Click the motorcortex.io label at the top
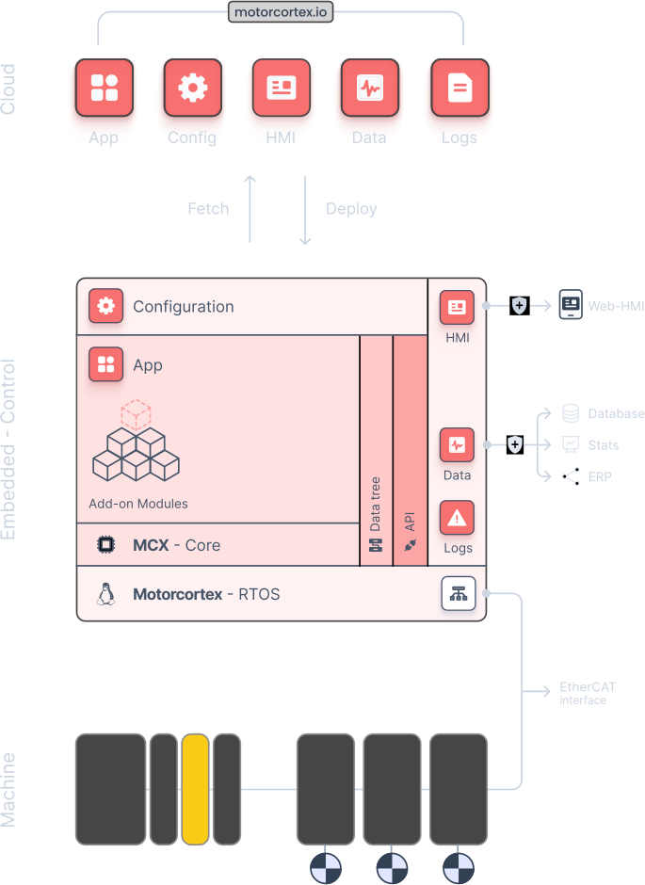[281, 13]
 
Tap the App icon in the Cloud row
[104, 88]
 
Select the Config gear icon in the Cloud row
[192, 88]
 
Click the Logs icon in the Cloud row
[459, 88]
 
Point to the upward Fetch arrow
[250, 209]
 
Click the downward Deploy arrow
[305, 209]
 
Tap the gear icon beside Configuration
[105, 306]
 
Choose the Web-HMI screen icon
[570, 304]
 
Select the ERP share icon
[571, 476]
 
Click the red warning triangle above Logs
[457, 518]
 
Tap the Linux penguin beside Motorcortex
[105, 594]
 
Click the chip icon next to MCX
[105, 544]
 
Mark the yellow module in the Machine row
[195, 789]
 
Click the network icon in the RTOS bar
[459, 593]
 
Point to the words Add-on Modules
[138, 504]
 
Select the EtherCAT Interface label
[587, 693]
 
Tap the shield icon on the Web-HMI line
[519, 305]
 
